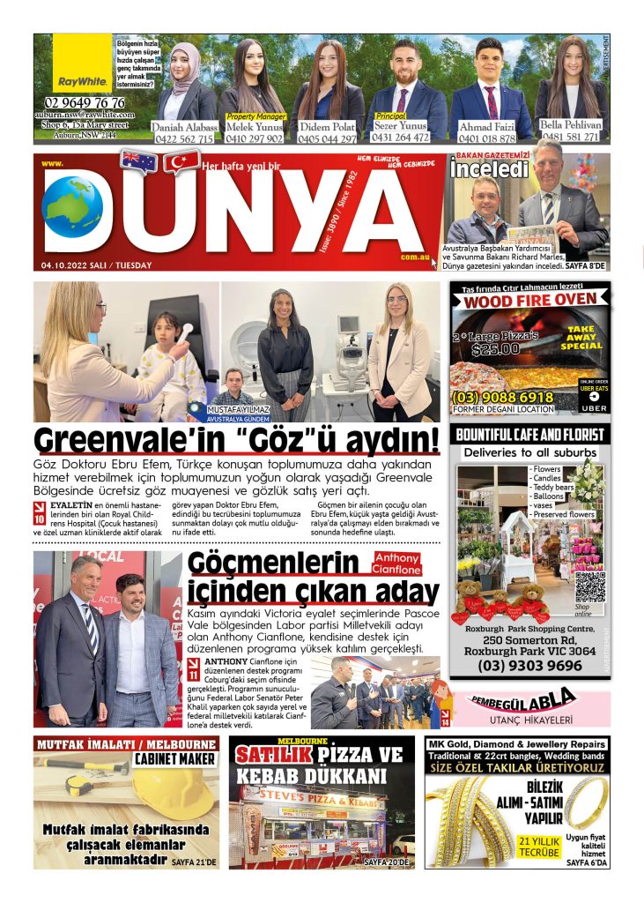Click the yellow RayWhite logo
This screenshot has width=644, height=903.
click(82, 63)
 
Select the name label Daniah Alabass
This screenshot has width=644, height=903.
click(183, 127)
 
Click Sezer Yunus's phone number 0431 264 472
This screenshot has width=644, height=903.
click(400, 137)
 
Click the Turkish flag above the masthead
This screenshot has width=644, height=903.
click(181, 162)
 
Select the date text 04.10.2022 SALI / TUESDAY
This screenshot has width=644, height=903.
click(95, 265)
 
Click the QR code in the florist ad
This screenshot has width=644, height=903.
click(589, 586)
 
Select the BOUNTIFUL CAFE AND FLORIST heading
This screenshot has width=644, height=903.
click(529, 435)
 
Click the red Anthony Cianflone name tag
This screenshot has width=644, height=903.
click(397, 563)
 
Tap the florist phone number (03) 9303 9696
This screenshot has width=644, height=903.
click(529, 666)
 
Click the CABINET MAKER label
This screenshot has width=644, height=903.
click(174, 758)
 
